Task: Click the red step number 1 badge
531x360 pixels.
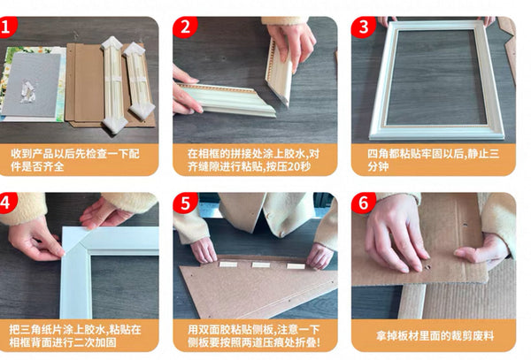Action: [7, 27]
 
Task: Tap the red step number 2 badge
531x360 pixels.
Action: [185, 27]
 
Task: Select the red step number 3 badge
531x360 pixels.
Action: [363, 27]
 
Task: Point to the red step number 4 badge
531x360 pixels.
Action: [7, 203]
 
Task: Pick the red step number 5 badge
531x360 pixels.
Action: [185, 203]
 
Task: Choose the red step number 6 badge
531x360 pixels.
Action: [363, 203]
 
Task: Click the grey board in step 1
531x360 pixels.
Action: [32, 85]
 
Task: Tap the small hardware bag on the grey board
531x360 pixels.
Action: [27, 91]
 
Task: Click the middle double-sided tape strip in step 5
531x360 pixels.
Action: [261, 264]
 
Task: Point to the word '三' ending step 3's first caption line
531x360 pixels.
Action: [494, 154]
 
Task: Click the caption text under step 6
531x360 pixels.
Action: [435, 336]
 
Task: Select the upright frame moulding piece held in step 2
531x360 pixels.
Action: [280, 72]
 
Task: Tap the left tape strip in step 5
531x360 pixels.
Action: [228, 264]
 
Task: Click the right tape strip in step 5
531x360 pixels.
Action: [296, 266]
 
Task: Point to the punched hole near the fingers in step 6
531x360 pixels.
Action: [427, 267]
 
